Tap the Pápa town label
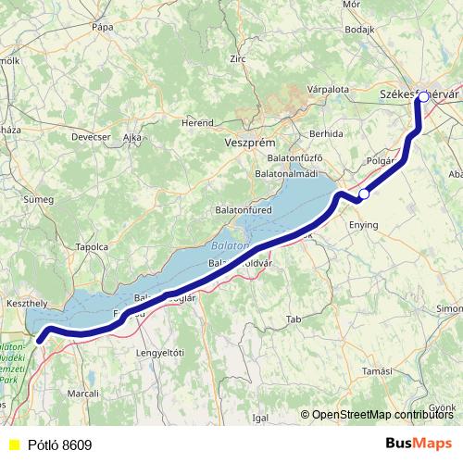[102, 28]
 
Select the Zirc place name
[239, 58]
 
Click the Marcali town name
[83, 394]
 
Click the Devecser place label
[91, 137]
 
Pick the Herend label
[197, 121]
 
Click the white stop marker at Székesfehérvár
[423, 96]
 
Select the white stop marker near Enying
[365, 194]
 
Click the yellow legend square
[13, 445]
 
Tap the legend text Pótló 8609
[59, 445]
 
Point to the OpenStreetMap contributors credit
[382, 415]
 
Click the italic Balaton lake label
[230, 246]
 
